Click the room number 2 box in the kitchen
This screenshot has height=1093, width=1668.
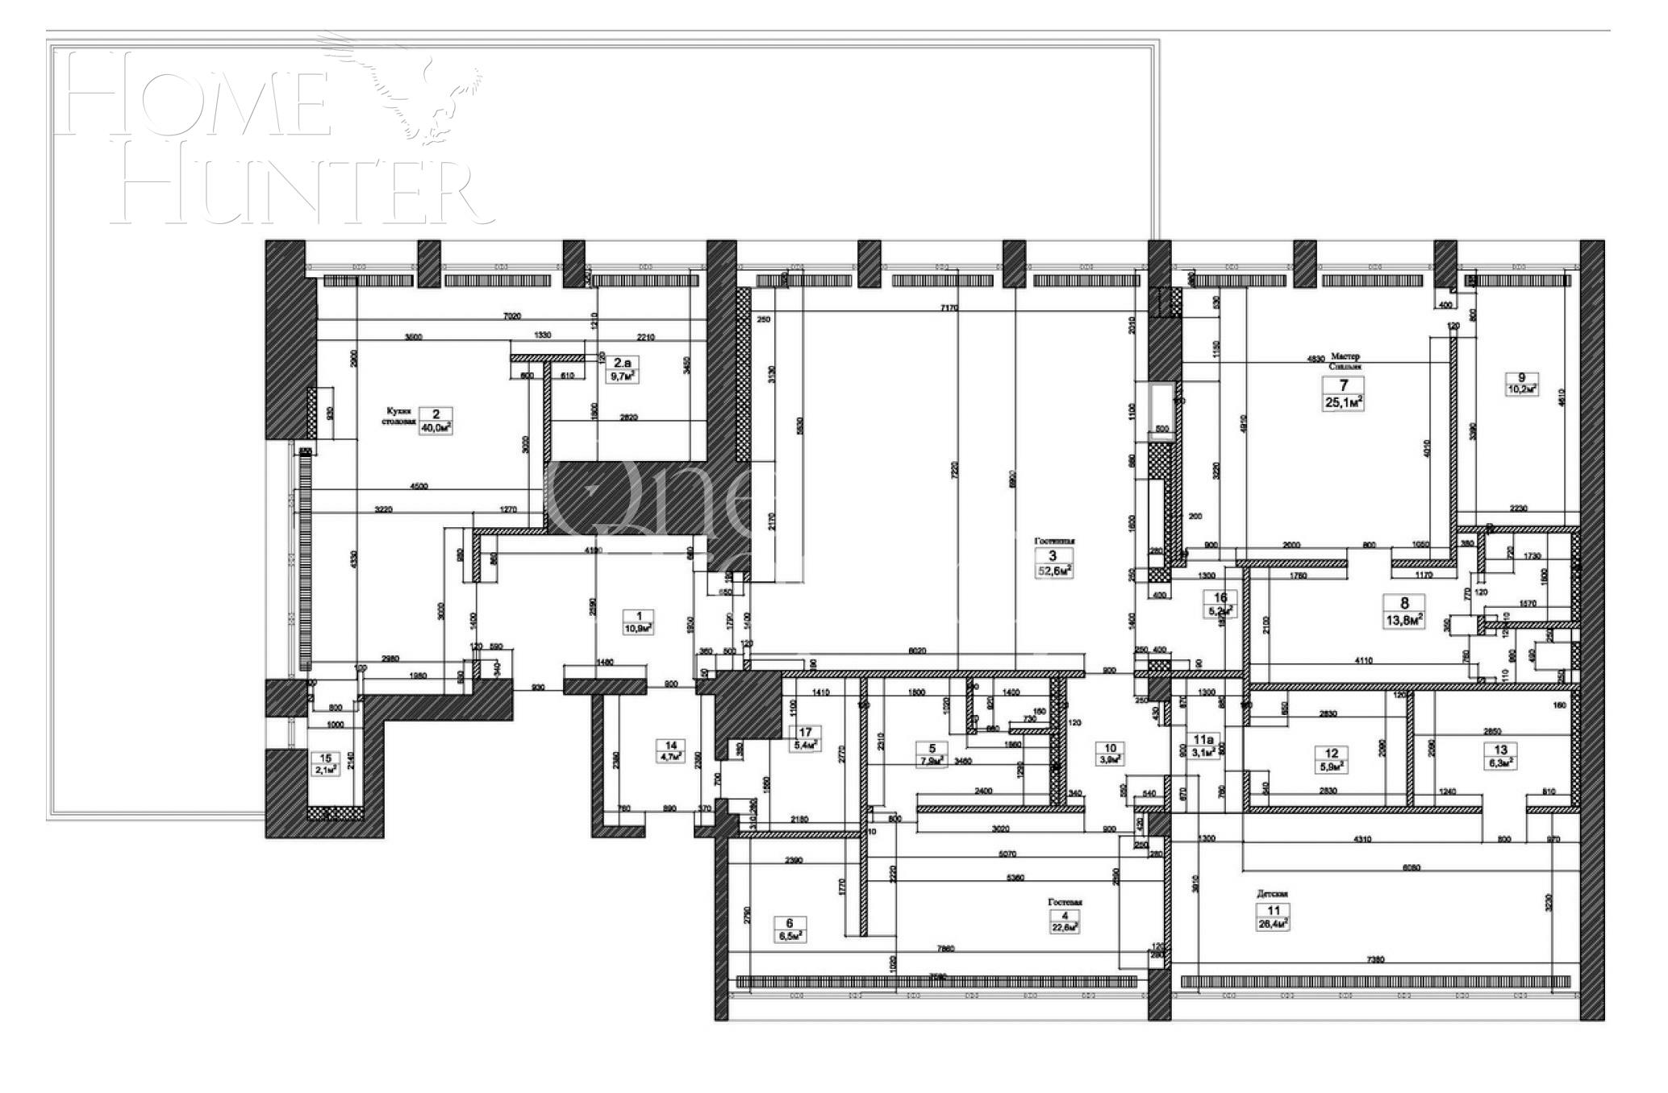(x=436, y=414)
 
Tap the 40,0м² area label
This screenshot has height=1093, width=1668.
(x=436, y=428)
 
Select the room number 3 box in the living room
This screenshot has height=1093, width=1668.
(x=1053, y=556)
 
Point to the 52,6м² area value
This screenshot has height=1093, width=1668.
(x=1053, y=571)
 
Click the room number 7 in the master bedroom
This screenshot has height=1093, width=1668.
(x=1343, y=385)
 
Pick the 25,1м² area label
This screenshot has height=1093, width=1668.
(x=1343, y=401)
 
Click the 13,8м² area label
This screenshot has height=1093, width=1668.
(x=1404, y=620)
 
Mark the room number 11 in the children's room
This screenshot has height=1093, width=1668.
(x=1274, y=911)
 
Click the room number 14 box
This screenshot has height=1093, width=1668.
(x=670, y=746)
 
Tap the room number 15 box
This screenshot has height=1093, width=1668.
(x=326, y=758)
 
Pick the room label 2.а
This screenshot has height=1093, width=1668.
(x=621, y=363)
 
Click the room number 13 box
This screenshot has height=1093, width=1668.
(x=1501, y=749)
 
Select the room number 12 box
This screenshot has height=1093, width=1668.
(x=1332, y=754)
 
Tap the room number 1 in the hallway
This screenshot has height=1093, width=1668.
(x=639, y=616)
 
